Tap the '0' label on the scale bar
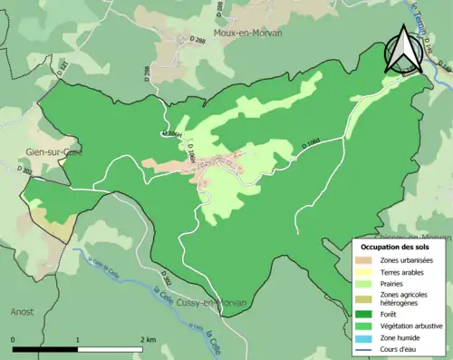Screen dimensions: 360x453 pyautogui.click(x=14, y=339)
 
